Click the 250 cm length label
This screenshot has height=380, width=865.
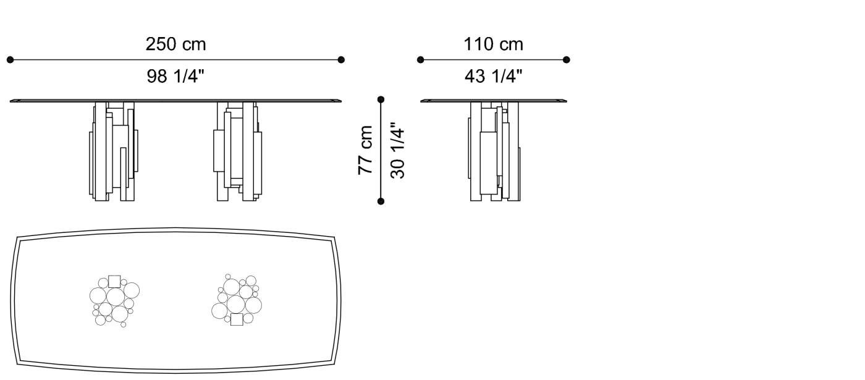175,44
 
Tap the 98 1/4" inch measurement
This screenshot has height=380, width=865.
175,77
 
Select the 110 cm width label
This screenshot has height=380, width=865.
493,44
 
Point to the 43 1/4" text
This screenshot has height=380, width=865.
493,77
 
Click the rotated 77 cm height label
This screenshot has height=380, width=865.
366,150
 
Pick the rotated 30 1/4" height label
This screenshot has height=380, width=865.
397,152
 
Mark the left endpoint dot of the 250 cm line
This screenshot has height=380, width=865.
10,60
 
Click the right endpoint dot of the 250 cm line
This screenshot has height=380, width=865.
341,60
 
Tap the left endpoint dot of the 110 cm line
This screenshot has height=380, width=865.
420,60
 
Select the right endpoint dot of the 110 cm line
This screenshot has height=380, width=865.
567,60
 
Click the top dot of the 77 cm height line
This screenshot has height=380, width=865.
381,99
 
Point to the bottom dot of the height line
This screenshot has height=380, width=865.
381,201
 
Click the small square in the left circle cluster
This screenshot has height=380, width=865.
114,282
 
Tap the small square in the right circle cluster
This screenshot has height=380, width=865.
237,319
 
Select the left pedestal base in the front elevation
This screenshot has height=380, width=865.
114,151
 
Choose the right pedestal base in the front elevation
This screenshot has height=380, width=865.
238,151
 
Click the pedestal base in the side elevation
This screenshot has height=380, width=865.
494,151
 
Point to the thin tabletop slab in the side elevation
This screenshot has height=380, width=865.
494,100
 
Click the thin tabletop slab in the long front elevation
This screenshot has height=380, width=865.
175,99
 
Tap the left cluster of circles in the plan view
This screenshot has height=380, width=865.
114,300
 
